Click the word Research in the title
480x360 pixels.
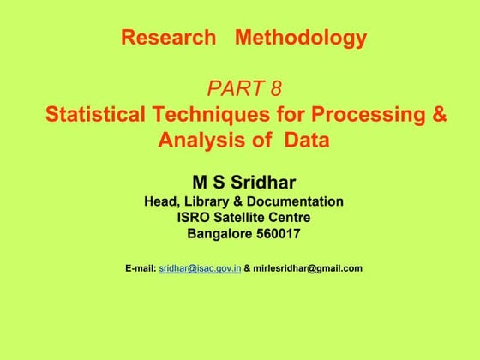point(168,38)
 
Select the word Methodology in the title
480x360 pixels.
point(301,38)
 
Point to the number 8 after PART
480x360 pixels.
point(276,88)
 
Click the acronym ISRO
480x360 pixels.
point(192,218)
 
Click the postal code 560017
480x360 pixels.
point(278,234)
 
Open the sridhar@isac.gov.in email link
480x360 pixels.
point(200,268)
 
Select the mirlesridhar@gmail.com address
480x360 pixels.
point(308,268)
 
